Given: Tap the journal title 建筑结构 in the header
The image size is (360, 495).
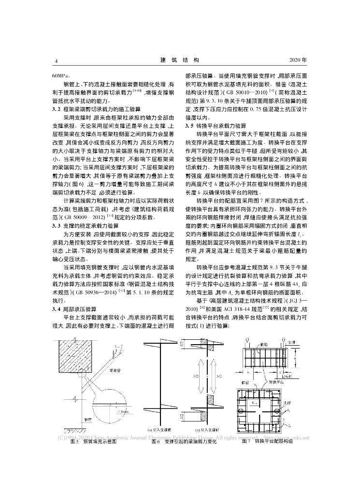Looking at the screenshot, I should point(179,60).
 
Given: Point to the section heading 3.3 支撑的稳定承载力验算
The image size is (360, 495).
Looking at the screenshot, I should point(90,212).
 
